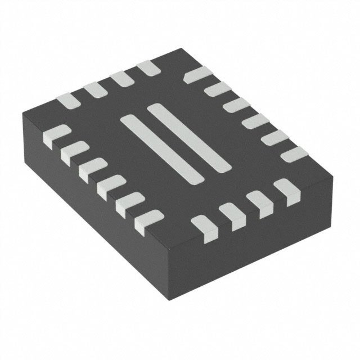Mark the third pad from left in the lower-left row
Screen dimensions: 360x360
(x=91, y=169)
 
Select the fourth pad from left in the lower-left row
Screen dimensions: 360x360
(x=109, y=186)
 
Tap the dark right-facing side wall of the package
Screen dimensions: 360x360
(x=253, y=247)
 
